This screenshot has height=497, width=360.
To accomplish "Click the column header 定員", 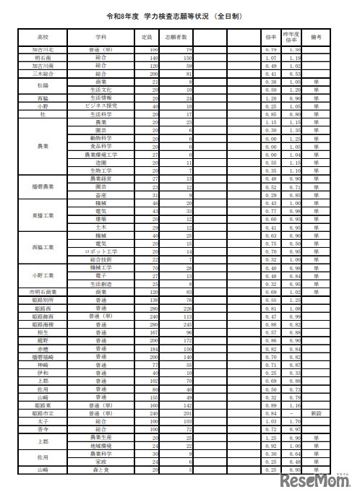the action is pyautogui.click(x=147, y=35).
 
